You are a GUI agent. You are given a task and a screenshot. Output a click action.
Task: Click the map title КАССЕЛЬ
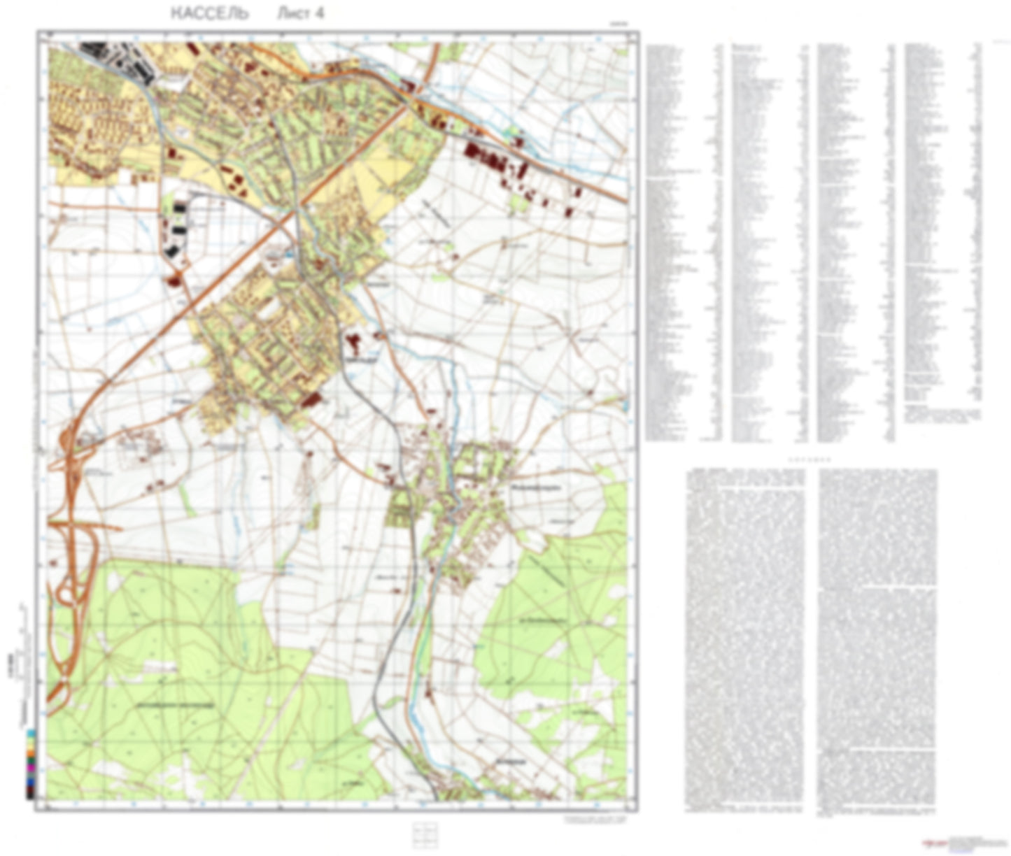(x=209, y=13)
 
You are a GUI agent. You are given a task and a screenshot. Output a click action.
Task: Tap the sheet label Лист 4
(x=301, y=13)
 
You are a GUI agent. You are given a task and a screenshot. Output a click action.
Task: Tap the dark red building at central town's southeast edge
(x=311, y=399)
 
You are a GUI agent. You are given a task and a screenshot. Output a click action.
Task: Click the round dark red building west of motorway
(x=173, y=280)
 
